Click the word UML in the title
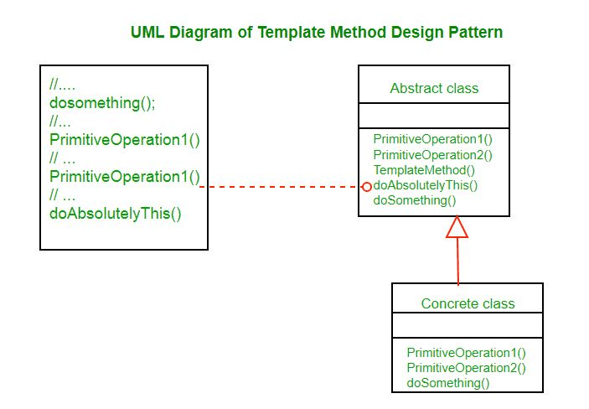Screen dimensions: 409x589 click(147, 33)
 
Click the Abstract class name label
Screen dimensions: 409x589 click(434, 88)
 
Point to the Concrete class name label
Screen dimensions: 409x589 click(468, 303)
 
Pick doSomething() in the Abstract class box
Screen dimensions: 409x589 click(415, 200)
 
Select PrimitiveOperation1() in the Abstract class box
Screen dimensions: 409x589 click(432, 139)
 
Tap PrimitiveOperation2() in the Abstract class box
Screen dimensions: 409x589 click(432, 154)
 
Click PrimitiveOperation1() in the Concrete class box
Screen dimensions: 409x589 click(466, 353)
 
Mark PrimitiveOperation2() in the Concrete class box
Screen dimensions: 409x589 click(466, 368)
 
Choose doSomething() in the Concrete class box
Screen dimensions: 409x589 click(448, 383)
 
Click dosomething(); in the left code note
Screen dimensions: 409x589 click(102, 103)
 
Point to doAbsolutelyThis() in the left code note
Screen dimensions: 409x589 click(116, 213)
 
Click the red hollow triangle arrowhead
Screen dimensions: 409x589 click(457, 227)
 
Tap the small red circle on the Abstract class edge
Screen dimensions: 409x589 click(366, 186)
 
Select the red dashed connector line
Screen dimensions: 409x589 click(285, 186)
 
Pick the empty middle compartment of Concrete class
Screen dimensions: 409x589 click(468, 325)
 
